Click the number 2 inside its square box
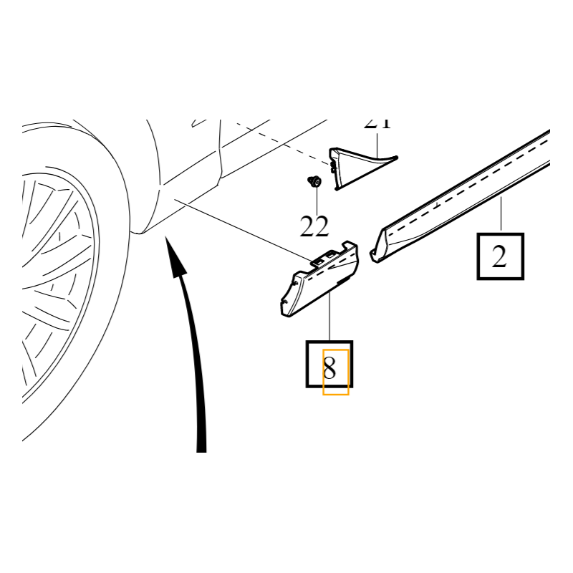coord(500,256)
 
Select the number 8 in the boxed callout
coord(329,369)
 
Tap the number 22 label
coord(314,227)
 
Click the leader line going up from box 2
coord(501,215)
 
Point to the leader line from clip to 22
coord(314,201)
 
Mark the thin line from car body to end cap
coord(244,229)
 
